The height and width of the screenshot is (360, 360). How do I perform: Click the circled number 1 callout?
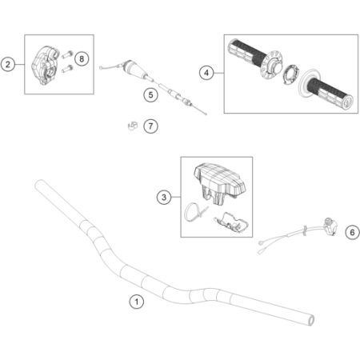[x=137, y=302]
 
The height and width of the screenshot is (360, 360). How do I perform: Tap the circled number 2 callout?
[x=8, y=64]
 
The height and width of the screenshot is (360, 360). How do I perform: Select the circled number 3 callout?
[x=164, y=198]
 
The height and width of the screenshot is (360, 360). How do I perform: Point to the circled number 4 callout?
[x=206, y=73]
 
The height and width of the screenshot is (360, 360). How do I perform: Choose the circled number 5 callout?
[x=150, y=95]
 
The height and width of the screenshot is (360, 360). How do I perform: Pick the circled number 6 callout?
[x=352, y=232]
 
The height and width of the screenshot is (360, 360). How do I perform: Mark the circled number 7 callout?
[x=150, y=126]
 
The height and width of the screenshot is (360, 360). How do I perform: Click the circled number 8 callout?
[x=82, y=59]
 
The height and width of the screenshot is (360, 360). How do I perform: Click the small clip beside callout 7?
[x=132, y=126]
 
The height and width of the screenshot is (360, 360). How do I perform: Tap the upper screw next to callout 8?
[x=67, y=54]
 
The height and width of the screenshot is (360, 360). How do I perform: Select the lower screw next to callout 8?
[x=67, y=69]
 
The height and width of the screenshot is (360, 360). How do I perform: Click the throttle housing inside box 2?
[x=45, y=66]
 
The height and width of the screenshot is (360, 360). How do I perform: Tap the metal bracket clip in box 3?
[x=231, y=222]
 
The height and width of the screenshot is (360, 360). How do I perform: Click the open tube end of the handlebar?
[x=311, y=320]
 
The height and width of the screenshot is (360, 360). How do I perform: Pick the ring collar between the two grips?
[x=290, y=74]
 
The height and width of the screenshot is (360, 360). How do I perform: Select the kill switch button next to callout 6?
[x=330, y=226]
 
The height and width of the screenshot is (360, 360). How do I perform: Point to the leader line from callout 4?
[x=219, y=73]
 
